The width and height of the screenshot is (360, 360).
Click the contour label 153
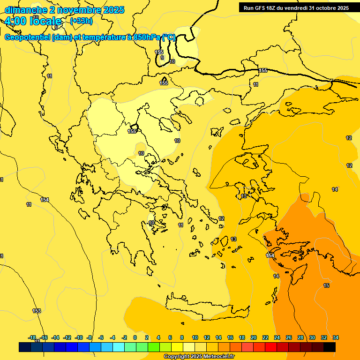pos(37,311)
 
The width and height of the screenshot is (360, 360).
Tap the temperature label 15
pos(326,285)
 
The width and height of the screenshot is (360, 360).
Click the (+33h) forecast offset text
pos(81,21)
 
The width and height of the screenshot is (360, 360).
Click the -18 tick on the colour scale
pos(32,337)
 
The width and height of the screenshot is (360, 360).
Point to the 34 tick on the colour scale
pos(336,337)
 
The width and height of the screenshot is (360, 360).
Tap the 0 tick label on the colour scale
pos(135,337)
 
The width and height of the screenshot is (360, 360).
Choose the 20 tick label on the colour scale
pos(254,337)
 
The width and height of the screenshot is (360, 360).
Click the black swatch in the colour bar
pos(330,347)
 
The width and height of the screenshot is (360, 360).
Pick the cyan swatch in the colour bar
pos(119,347)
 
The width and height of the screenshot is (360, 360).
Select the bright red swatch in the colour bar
pos(271,347)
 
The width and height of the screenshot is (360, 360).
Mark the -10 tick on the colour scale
pos(79,337)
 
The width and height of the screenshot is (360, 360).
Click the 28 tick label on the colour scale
pos(300,337)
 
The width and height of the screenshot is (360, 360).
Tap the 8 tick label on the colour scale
pos(182,337)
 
